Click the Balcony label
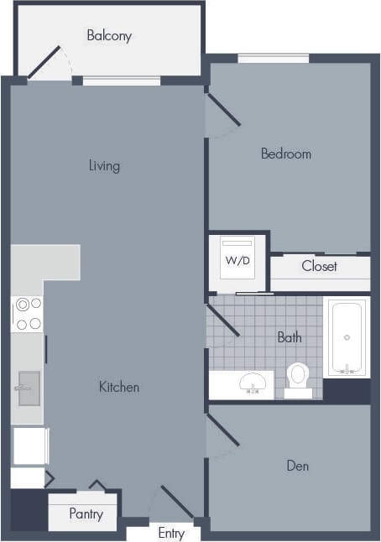point(109,36)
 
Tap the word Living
point(104,165)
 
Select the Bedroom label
point(285,154)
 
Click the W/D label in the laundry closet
point(237,260)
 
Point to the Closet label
point(319,266)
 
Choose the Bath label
point(289,337)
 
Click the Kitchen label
point(119,387)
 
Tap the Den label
point(297,466)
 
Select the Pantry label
point(86,513)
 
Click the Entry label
point(171,534)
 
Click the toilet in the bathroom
point(298,378)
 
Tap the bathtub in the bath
point(346,337)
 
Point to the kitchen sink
point(29,388)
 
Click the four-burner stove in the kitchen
point(27,313)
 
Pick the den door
point(223,430)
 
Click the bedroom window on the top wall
point(273,59)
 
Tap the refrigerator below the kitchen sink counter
point(29,446)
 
